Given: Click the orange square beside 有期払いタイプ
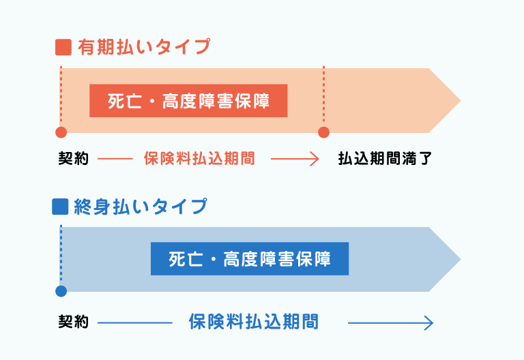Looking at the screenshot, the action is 63,47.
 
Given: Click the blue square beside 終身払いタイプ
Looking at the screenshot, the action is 60,207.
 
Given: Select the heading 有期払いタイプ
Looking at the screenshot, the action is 144,47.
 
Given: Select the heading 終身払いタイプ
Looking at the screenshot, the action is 141,207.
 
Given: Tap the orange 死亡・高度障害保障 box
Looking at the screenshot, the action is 188,101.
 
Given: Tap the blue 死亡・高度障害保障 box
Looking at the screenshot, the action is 250,259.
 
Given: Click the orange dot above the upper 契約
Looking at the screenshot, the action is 61,132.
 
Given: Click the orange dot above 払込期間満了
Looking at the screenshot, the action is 323,132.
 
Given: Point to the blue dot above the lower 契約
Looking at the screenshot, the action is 61,291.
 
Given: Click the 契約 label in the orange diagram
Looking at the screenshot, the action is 74,158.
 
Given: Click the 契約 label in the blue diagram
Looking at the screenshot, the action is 74,322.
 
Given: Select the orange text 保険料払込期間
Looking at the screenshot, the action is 199,158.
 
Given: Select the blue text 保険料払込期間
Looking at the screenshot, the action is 254,322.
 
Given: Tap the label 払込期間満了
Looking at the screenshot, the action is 385,158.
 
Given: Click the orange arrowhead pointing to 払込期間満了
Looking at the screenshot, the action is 315,159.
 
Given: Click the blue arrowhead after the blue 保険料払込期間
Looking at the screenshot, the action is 428,323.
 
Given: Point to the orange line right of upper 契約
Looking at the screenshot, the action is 115,159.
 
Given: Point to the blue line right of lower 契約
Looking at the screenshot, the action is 135,323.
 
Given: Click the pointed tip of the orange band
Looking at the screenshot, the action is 461,100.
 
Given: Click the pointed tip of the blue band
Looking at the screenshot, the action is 461,260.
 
